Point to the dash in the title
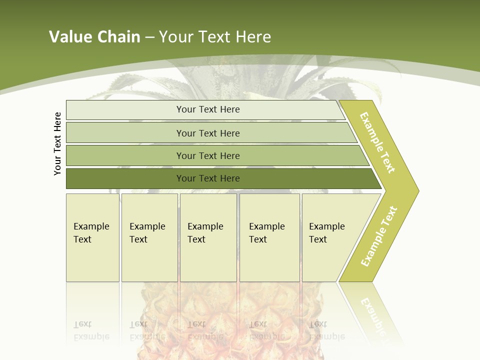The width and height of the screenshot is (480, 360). [x=149, y=37]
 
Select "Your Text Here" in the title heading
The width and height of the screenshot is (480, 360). [x=215, y=37]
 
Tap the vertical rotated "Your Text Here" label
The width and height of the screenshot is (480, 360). [x=58, y=143]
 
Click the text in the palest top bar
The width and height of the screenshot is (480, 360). [x=208, y=109]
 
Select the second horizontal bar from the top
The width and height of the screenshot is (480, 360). [x=208, y=133]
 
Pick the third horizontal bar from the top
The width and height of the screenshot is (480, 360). [x=208, y=155]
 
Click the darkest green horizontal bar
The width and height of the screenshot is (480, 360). [x=208, y=178]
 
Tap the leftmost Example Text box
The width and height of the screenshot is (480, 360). [x=92, y=237]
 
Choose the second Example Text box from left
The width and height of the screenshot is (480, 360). [x=149, y=237]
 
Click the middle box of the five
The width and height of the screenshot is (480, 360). [x=208, y=237]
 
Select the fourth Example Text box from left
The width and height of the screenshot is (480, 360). [x=269, y=237]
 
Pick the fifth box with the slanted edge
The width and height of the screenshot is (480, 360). [x=330, y=237]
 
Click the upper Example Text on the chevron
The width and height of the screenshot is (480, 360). [x=377, y=142]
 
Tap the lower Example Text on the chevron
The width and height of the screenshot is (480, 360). [x=379, y=236]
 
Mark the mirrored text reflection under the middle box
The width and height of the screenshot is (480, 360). [x=205, y=330]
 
